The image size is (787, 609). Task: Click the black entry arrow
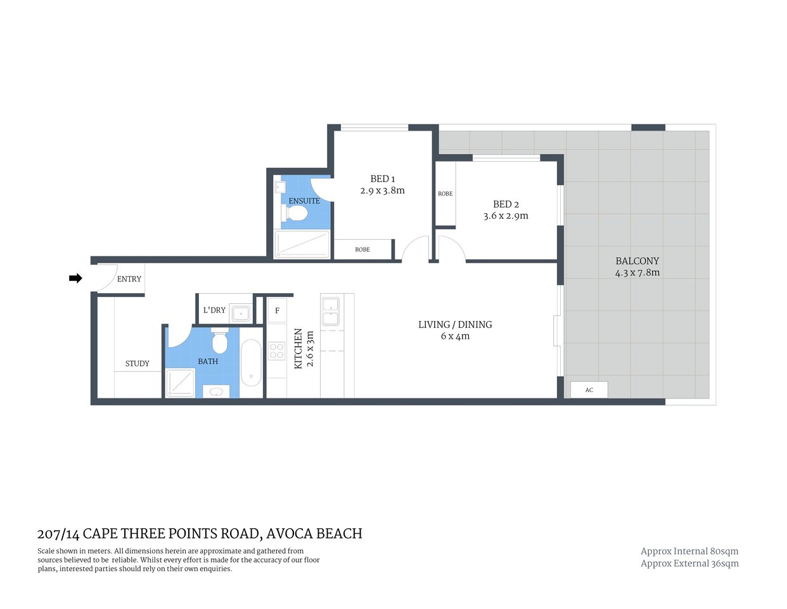pyautogui.click(x=75, y=278)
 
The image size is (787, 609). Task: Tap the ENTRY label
pyautogui.click(x=129, y=279)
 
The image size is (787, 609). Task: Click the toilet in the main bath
pyautogui.click(x=220, y=342)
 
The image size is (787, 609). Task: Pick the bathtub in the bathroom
pyautogui.click(x=251, y=363)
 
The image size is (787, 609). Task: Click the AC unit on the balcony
pyautogui.click(x=589, y=390)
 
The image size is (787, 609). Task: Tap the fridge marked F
pyautogui.click(x=277, y=311)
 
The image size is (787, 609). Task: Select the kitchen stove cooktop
pyautogui.click(x=277, y=351)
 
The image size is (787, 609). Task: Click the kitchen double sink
pyautogui.click(x=330, y=310)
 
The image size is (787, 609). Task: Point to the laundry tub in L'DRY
pyautogui.click(x=241, y=313)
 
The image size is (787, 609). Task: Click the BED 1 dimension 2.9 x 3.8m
pyautogui.click(x=382, y=190)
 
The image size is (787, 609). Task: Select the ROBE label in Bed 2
pyautogui.click(x=445, y=193)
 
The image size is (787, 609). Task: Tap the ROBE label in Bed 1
pyautogui.click(x=362, y=249)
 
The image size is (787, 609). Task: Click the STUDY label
pyautogui.click(x=137, y=363)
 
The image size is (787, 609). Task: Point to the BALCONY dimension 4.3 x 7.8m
pyautogui.click(x=637, y=273)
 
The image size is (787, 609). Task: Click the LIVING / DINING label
pyautogui.click(x=455, y=324)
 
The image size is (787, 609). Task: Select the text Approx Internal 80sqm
pyautogui.click(x=689, y=551)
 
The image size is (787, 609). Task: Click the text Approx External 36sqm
pyautogui.click(x=689, y=563)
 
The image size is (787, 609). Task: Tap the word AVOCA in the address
pyautogui.click(x=288, y=534)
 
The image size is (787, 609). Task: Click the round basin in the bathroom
pyautogui.click(x=216, y=391)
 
